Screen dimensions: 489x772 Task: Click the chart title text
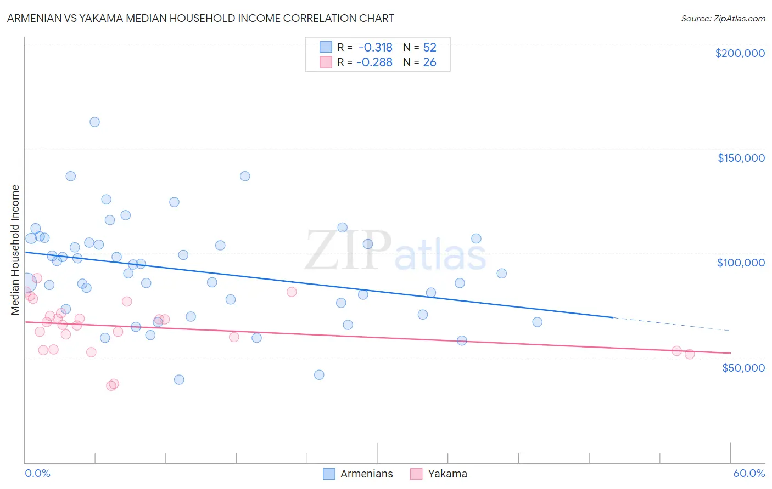[x=200, y=18]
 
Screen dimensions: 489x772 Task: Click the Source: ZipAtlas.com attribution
[x=723, y=18]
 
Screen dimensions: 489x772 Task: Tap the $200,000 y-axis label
[x=740, y=53]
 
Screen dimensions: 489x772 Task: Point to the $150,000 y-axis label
[x=741, y=158]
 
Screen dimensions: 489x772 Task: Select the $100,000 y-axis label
[x=741, y=263]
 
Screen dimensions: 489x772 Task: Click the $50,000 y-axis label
[x=743, y=367]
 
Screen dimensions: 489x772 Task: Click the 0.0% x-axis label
[x=37, y=473]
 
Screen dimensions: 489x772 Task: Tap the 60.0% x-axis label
[x=748, y=473]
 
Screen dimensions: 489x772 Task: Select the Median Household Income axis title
[x=15, y=250]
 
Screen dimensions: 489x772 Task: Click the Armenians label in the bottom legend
[x=366, y=474]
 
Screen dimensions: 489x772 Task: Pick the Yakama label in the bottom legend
[x=447, y=474]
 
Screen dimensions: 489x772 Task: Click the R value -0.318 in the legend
[x=376, y=48]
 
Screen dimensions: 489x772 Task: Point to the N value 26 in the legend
[x=429, y=62]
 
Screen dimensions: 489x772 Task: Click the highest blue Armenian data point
[x=94, y=122]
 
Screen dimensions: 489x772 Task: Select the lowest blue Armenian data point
[x=179, y=379]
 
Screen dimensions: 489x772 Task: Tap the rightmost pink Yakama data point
[x=690, y=354]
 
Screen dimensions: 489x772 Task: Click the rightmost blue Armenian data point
[x=538, y=322]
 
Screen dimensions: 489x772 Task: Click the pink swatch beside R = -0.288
[x=326, y=62]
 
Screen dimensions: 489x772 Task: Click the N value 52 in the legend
[x=429, y=48]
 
